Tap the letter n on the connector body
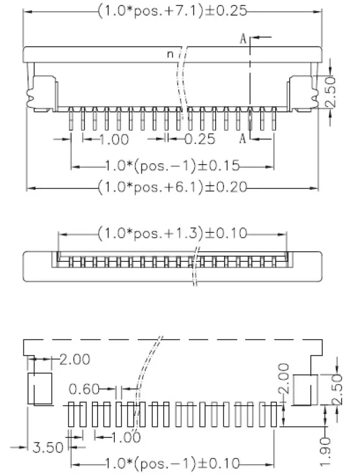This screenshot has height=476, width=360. [169, 55]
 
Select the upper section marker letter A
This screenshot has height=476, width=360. [245, 38]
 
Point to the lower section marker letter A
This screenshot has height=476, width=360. [244, 138]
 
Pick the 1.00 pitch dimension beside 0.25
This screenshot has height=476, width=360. [114, 139]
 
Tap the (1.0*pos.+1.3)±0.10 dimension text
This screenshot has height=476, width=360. [173, 233]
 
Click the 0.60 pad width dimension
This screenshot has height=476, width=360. [84, 389]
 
